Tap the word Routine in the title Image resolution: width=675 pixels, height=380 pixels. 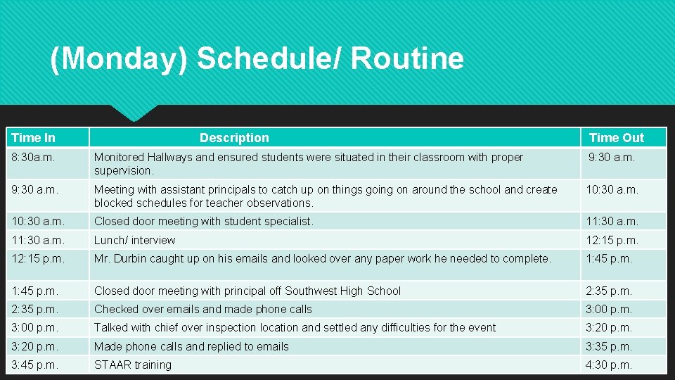click(x=407, y=58)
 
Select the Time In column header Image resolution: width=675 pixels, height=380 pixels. click(x=33, y=138)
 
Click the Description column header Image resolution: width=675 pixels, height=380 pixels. click(x=234, y=138)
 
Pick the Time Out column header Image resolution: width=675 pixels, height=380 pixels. click(x=616, y=138)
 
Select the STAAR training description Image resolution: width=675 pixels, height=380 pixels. click(x=133, y=365)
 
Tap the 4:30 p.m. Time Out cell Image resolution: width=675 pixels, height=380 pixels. click(x=609, y=365)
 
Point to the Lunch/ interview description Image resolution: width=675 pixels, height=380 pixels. click(x=135, y=240)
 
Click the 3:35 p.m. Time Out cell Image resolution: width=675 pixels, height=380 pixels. click(x=609, y=346)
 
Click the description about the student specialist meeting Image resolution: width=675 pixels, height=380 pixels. click(x=204, y=221)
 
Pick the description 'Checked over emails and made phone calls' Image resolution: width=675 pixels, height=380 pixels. click(x=203, y=309)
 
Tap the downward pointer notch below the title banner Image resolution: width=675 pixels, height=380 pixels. click(x=133, y=113)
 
